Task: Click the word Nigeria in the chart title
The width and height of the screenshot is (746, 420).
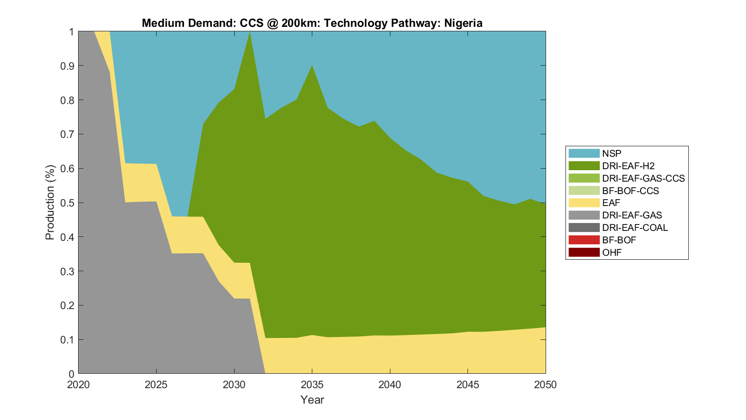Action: point(463,23)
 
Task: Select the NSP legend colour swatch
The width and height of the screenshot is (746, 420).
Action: point(584,153)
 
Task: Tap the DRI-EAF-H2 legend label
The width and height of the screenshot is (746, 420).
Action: point(628,166)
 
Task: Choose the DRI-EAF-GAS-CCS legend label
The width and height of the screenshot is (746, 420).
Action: point(643,178)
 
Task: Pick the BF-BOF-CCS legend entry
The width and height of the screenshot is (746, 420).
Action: point(630,191)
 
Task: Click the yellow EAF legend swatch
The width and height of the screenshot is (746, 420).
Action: point(584,203)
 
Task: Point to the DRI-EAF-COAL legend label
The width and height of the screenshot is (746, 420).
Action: point(635,227)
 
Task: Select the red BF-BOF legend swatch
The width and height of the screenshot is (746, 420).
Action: point(584,240)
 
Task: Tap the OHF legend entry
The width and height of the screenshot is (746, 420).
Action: point(612,252)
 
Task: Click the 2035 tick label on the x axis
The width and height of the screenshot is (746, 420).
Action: point(312,385)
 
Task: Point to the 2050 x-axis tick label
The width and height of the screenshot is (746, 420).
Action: point(546,385)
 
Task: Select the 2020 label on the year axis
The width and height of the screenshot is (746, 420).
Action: point(78,385)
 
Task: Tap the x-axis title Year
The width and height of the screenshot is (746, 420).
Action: point(312,400)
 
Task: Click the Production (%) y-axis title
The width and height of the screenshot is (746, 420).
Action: point(50,203)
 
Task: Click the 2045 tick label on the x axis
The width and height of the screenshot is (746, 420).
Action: point(467,385)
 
